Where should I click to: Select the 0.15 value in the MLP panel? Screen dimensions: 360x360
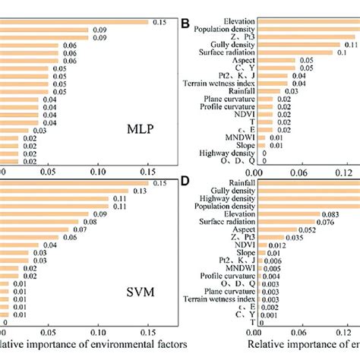coord(159,23)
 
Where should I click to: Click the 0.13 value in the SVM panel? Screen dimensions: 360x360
coord(139,192)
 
